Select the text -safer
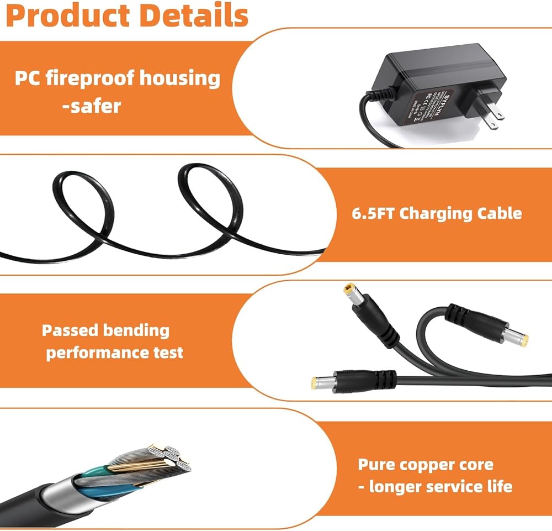[92, 105]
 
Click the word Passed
[70, 331]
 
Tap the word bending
[136, 332]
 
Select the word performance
[93, 353]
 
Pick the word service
[453, 487]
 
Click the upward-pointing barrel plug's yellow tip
[349, 289]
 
